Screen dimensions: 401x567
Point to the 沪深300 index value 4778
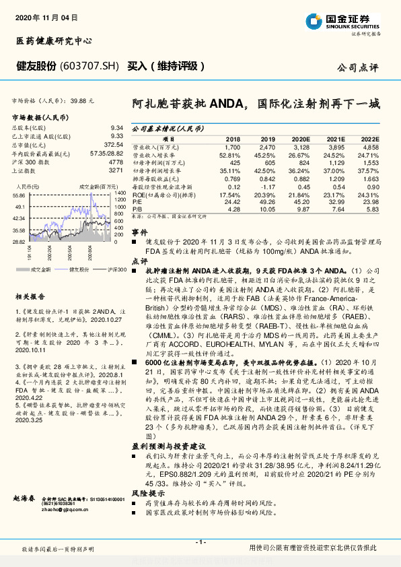[x=115, y=162]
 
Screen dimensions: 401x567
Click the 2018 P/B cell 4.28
[x=233, y=209]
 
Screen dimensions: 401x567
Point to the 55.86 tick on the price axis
[x=19, y=195]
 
